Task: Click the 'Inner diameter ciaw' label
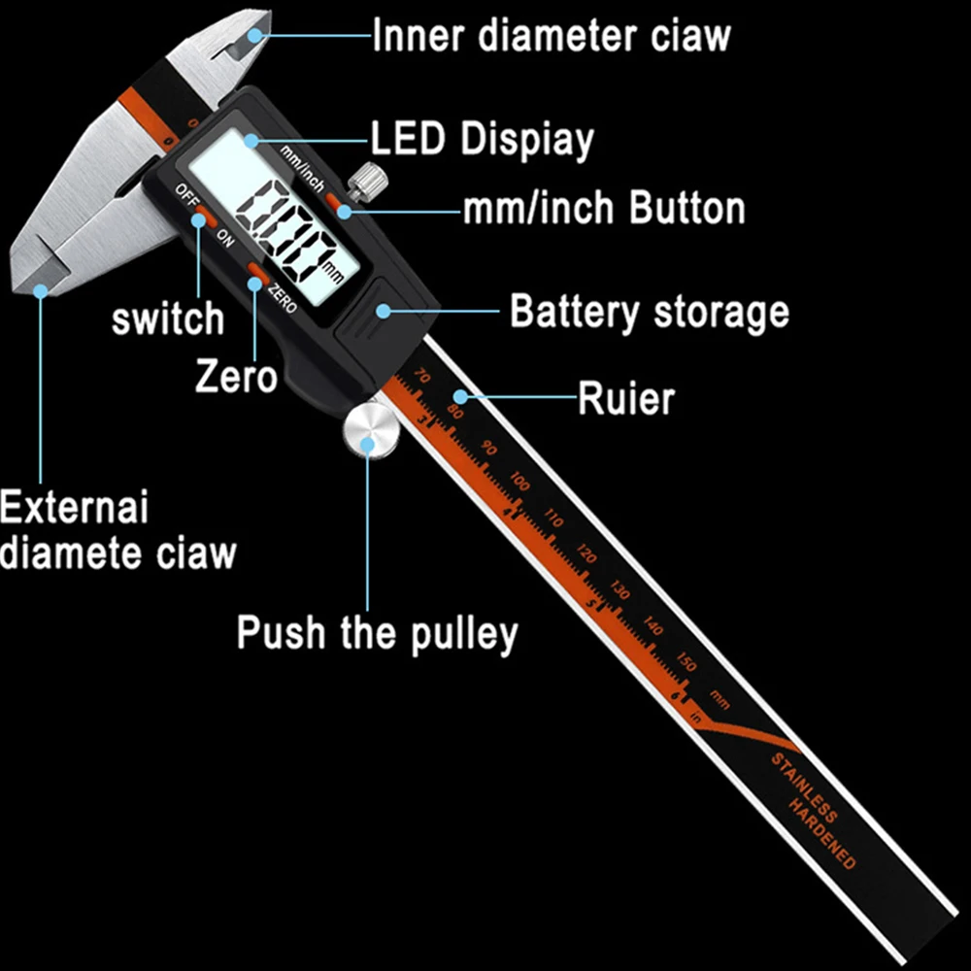[x=551, y=36]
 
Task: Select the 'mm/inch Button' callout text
[x=603, y=209]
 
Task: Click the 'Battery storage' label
[x=650, y=313]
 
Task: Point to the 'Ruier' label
[x=626, y=398]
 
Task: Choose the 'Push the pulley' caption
[x=378, y=633]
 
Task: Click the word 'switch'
[x=168, y=318]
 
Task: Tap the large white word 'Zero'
[x=236, y=376]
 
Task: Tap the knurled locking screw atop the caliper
[x=368, y=179]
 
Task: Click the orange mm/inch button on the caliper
[x=337, y=201]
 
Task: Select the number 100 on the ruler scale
[x=520, y=482]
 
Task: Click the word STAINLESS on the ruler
[x=805, y=787]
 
